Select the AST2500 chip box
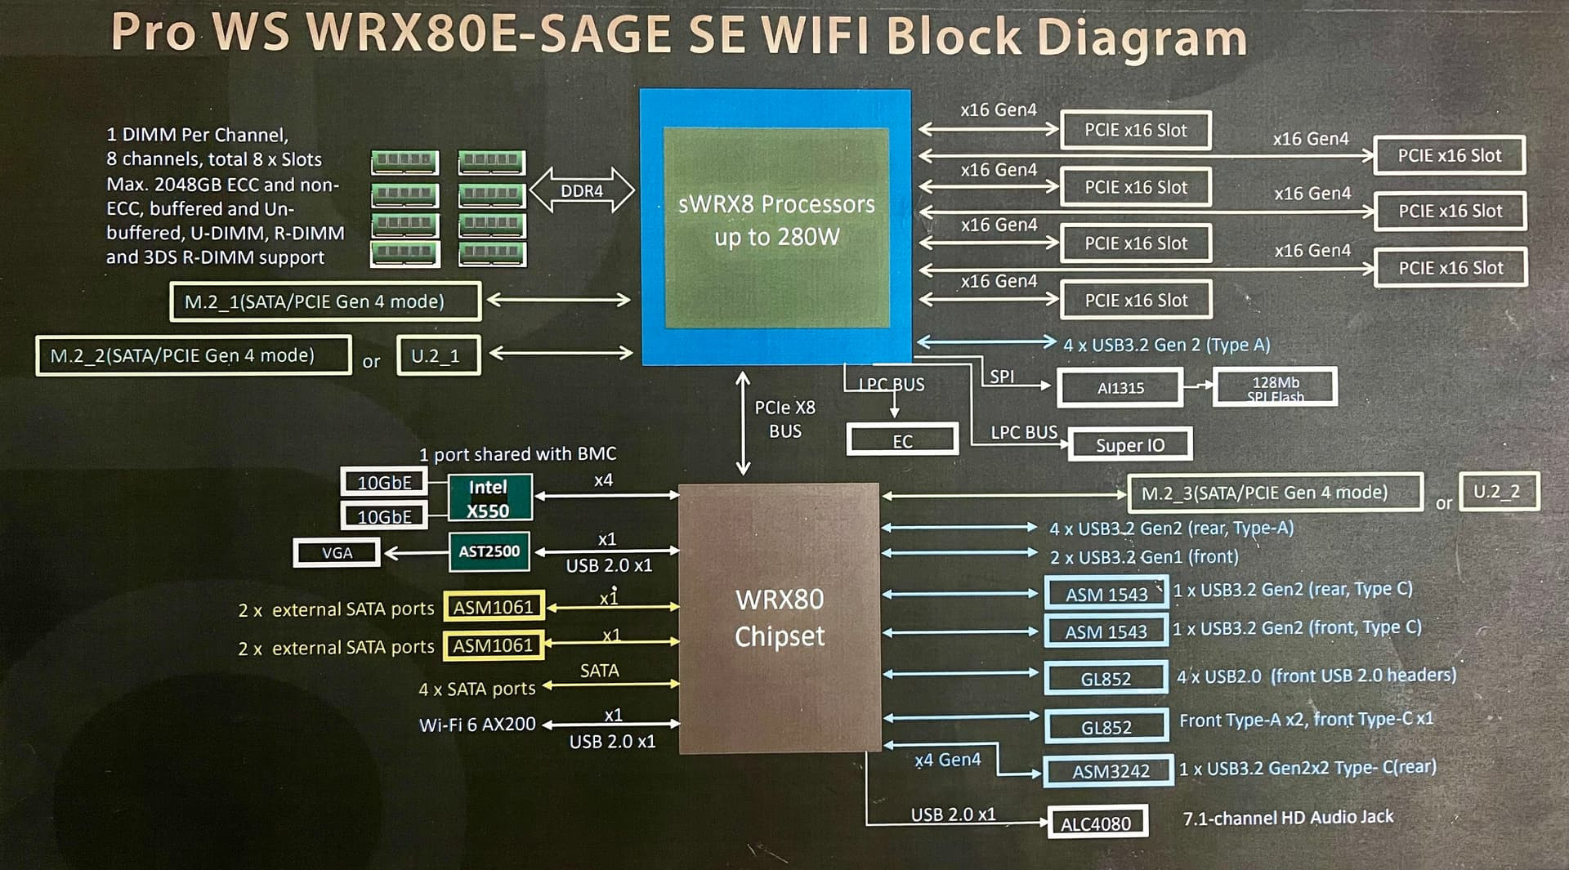point(489,551)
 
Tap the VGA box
point(337,553)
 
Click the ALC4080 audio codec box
point(1097,822)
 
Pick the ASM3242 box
point(1109,770)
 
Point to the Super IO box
point(1130,444)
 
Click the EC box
point(902,440)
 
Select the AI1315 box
point(1120,388)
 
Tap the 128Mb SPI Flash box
point(1276,387)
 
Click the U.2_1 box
point(438,355)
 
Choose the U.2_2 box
point(1499,492)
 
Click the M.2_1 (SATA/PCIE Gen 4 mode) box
point(325,301)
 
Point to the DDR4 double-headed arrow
point(582,190)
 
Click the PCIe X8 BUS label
point(784,419)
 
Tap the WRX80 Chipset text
point(780,618)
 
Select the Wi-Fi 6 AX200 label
point(477,724)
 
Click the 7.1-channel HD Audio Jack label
point(1288,817)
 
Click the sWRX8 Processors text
point(776,204)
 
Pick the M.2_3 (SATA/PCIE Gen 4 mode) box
point(1275,493)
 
